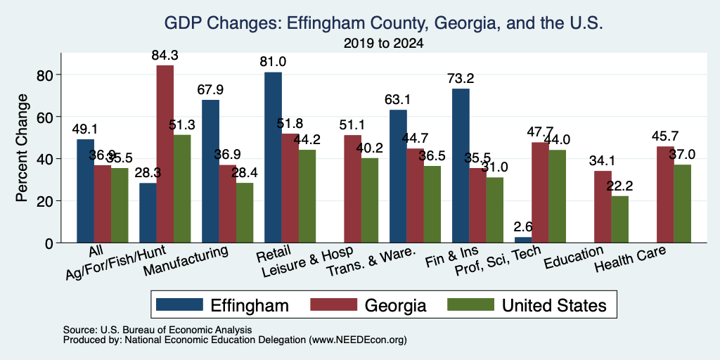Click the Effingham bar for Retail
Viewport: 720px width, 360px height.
(x=273, y=157)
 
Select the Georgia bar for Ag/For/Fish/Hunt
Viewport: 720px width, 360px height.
(x=165, y=154)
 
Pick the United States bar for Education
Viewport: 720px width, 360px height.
(x=619, y=219)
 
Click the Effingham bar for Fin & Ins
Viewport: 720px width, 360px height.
(x=461, y=166)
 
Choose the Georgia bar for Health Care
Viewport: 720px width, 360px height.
(x=665, y=195)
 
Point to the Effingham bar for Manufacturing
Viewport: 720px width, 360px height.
(x=210, y=172)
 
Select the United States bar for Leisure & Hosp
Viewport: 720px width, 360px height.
(x=369, y=200)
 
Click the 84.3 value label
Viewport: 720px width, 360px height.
(x=165, y=56)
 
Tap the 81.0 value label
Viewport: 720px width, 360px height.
(x=274, y=62)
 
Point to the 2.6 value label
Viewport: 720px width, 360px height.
(x=523, y=227)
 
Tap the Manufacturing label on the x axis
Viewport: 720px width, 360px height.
(x=186, y=261)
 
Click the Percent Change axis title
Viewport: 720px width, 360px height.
(x=22, y=148)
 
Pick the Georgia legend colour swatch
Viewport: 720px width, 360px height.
(x=334, y=304)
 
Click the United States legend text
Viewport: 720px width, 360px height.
(x=554, y=305)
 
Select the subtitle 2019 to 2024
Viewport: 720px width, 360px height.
(x=383, y=44)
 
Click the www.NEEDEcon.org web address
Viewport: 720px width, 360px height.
(x=358, y=340)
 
